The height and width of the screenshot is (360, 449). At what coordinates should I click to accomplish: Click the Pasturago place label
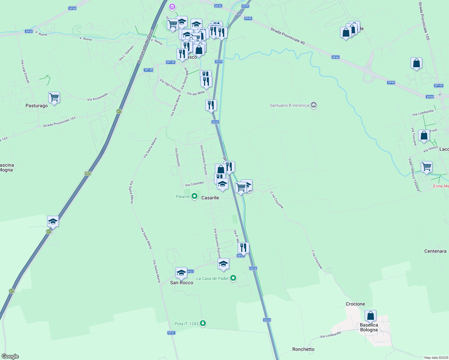(37, 106)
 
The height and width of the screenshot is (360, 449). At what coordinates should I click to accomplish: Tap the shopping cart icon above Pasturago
(54, 97)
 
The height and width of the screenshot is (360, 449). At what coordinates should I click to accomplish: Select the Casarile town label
(210, 198)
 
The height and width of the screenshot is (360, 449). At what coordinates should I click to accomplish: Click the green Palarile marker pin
(194, 196)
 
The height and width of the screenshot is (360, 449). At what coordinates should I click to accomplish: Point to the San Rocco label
(182, 283)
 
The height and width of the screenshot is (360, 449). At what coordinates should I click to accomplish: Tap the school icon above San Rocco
(181, 273)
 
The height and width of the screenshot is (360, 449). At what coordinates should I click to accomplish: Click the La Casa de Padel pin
(233, 278)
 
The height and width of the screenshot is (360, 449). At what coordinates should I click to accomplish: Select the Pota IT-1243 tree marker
(203, 323)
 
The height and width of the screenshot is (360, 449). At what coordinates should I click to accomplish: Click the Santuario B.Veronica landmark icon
(314, 105)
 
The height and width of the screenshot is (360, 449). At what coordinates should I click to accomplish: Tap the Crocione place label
(355, 304)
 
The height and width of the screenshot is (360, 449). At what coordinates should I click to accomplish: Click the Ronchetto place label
(303, 349)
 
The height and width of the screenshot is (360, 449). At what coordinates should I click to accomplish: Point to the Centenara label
(435, 251)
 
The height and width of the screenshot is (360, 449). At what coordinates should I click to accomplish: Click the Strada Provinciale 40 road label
(288, 36)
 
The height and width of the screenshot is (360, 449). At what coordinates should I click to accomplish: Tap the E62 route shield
(88, 173)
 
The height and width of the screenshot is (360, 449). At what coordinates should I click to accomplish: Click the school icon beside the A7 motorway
(53, 222)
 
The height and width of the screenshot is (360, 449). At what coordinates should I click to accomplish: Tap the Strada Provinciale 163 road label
(59, 122)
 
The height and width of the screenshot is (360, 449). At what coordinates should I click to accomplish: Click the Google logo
(10, 356)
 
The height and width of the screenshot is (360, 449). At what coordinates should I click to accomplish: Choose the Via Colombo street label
(194, 184)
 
